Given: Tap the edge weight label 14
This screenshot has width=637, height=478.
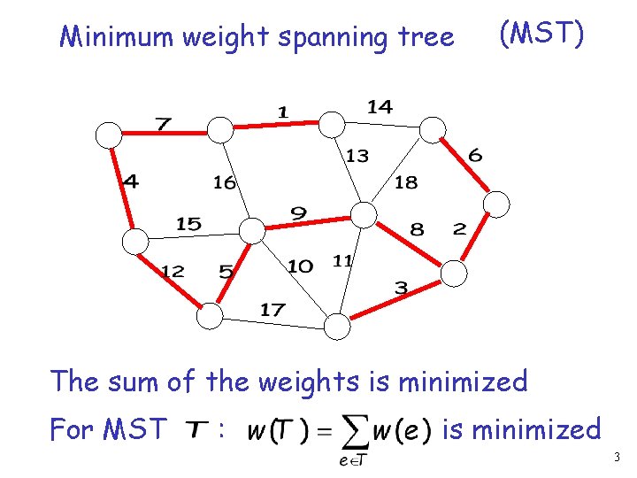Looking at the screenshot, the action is click(x=380, y=107).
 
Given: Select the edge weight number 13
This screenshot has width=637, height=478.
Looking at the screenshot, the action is click(x=357, y=156).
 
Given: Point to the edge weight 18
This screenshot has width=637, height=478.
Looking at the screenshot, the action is click(x=405, y=182).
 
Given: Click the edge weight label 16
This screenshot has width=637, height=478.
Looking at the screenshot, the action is click(x=225, y=182).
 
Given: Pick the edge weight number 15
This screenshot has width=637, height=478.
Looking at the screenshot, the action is click(x=188, y=225).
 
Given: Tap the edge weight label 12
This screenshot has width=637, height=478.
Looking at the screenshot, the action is click(x=172, y=271).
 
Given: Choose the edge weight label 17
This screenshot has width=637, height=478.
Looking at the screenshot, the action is click(x=272, y=310).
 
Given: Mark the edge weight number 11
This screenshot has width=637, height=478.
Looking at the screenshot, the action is click(x=342, y=260).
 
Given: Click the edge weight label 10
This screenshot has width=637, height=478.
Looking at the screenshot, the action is click(x=300, y=266).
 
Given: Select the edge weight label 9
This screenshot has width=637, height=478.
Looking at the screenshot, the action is click(x=299, y=213).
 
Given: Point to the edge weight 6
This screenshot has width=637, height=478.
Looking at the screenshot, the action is click(x=475, y=156).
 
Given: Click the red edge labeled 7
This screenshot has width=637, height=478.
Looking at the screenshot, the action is click(x=159, y=135).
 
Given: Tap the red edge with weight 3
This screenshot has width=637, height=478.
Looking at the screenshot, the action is click(x=394, y=301).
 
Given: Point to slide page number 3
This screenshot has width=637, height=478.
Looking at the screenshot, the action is click(x=617, y=458).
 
